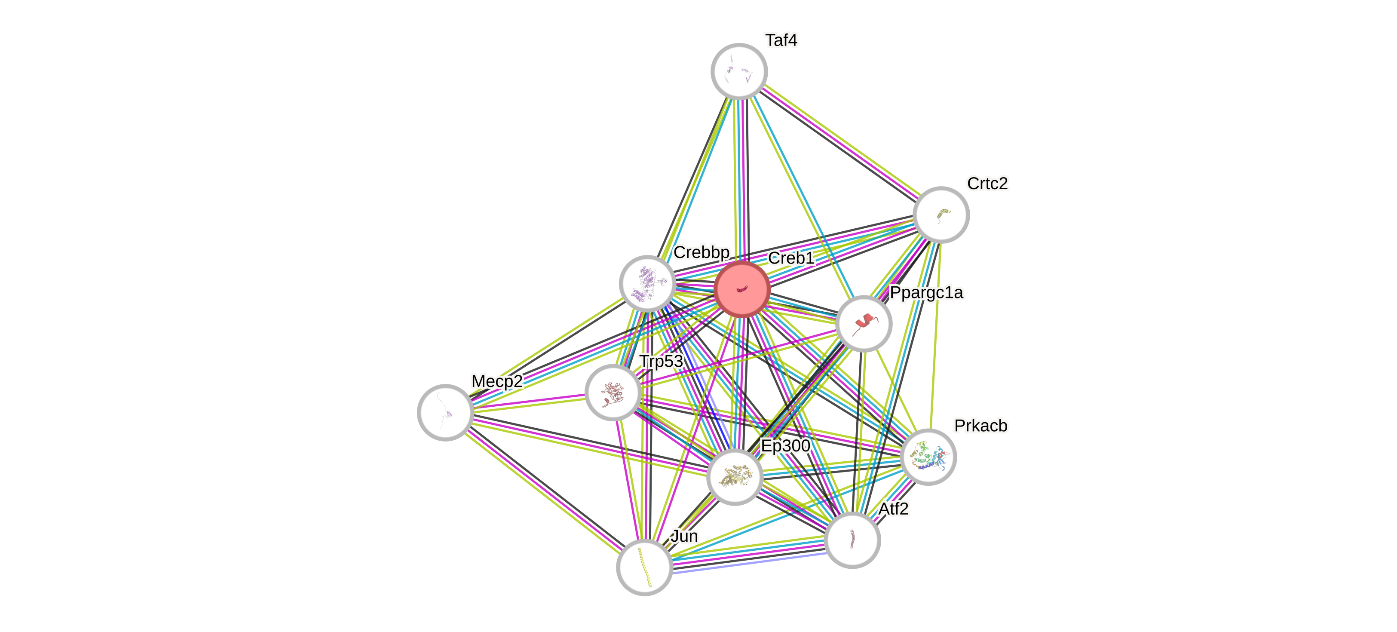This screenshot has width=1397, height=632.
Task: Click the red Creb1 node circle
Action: click(742, 289)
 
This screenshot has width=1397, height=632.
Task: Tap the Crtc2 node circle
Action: click(941, 214)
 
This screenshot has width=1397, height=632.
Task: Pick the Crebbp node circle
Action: click(647, 283)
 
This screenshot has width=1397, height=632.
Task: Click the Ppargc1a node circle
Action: click(864, 323)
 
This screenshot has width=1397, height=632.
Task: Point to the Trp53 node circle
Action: click(613, 392)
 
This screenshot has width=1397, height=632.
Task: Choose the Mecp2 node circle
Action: click(445, 412)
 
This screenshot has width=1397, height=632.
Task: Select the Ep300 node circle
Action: click(735, 477)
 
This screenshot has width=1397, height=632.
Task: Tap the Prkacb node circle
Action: click(928, 457)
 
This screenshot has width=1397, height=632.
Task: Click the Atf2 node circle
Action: click(852, 540)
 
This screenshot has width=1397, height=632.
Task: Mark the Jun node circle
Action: click(644, 568)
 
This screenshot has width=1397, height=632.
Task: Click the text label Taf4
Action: click(781, 40)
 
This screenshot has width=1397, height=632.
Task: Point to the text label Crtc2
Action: click(987, 183)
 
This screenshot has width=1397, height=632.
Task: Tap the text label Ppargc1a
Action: click(926, 292)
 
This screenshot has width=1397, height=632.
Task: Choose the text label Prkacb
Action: click(980, 425)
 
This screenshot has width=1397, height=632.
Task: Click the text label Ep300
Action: click(785, 445)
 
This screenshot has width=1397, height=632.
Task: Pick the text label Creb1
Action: click(790, 258)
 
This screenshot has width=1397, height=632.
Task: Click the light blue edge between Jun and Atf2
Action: click(748, 564)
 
